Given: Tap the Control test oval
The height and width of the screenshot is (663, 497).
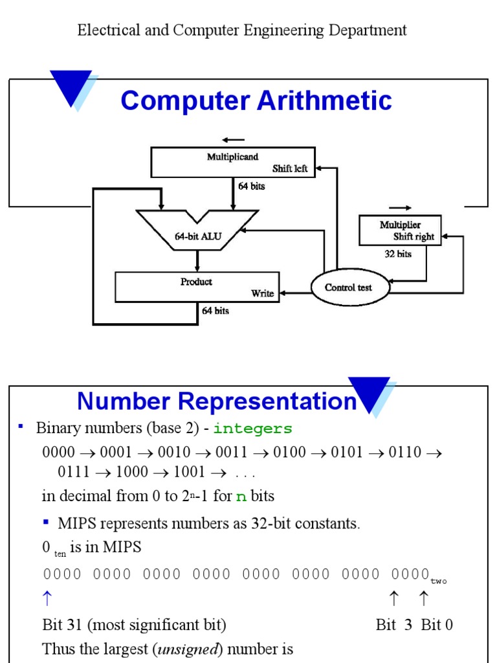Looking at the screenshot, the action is point(349,287).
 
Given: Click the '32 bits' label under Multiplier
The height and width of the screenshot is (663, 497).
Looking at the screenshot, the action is point(398,254).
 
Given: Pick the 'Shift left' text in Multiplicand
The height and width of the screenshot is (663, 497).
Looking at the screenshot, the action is point(290,169).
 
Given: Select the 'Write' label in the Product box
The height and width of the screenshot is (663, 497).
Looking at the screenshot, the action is point(263,293).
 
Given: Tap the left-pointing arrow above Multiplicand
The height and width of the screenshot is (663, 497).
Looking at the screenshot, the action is point(233,140).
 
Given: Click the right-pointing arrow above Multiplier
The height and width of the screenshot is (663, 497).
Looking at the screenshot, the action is point(400,208).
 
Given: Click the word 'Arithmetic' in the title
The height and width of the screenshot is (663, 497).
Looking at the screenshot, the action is point(324,100).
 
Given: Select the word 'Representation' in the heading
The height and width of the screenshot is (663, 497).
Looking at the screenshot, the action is point(267,401).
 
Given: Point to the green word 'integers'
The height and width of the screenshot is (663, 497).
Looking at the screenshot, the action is point(253,429).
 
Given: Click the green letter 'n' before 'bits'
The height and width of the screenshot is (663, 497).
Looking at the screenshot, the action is point(241,497).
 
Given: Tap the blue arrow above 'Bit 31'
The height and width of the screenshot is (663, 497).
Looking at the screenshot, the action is point(47,598).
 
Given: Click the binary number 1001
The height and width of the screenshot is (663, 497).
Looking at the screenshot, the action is point(190,472).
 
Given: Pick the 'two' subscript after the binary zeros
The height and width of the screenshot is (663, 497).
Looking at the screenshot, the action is point(439,581).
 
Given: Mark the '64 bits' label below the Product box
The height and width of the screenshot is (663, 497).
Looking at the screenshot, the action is point(215,311).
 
